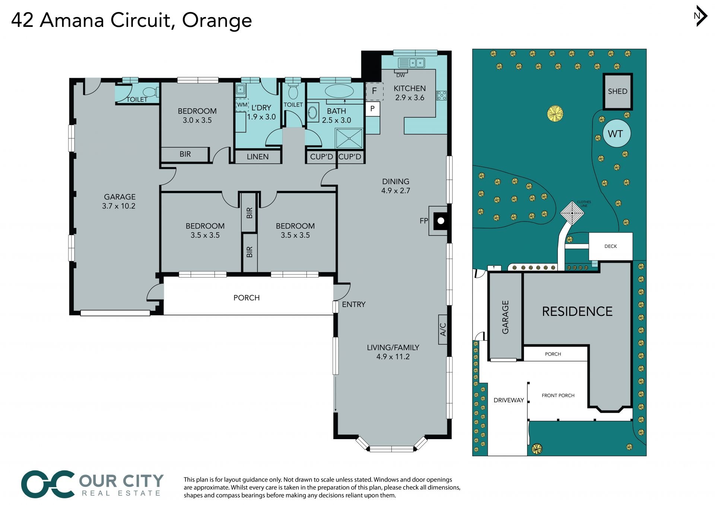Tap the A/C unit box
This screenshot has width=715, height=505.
(x=442, y=329)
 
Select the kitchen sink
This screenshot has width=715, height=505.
(x=411, y=63)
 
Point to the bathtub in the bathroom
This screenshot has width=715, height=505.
(x=340, y=91)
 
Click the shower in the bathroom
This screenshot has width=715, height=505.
(x=349, y=138)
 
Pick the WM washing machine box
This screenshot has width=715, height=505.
(x=242, y=105)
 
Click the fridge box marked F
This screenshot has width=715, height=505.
(x=374, y=91)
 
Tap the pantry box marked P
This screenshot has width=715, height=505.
(x=372, y=109)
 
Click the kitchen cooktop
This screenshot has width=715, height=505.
(x=441, y=95)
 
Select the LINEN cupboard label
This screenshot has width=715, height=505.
(x=258, y=157)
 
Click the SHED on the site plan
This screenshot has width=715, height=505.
(x=617, y=92)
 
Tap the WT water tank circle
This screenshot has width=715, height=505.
(x=616, y=133)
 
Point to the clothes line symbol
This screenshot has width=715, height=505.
(x=572, y=213)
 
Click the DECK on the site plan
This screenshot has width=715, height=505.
(x=610, y=246)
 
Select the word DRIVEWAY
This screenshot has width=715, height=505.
(x=509, y=400)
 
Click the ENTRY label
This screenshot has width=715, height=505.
(x=353, y=304)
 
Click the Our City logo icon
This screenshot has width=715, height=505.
(x=48, y=484)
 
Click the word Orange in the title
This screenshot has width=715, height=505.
(x=217, y=21)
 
